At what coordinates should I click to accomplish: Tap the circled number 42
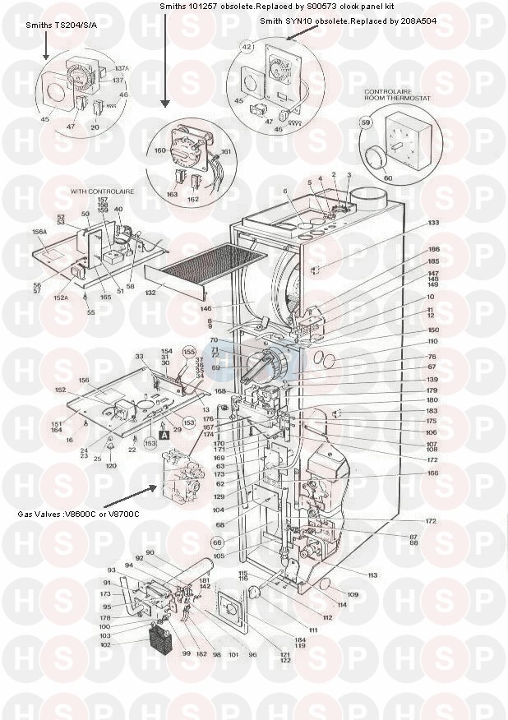[246, 48]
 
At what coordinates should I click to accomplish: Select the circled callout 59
[367, 122]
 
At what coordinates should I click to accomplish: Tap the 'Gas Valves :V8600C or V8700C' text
[78, 514]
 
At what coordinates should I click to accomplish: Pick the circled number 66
[217, 542]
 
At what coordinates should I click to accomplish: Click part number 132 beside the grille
[150, 293]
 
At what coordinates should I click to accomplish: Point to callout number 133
[433, 223]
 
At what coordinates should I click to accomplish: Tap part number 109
[353, 593]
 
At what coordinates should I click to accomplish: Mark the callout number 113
[372, 575]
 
